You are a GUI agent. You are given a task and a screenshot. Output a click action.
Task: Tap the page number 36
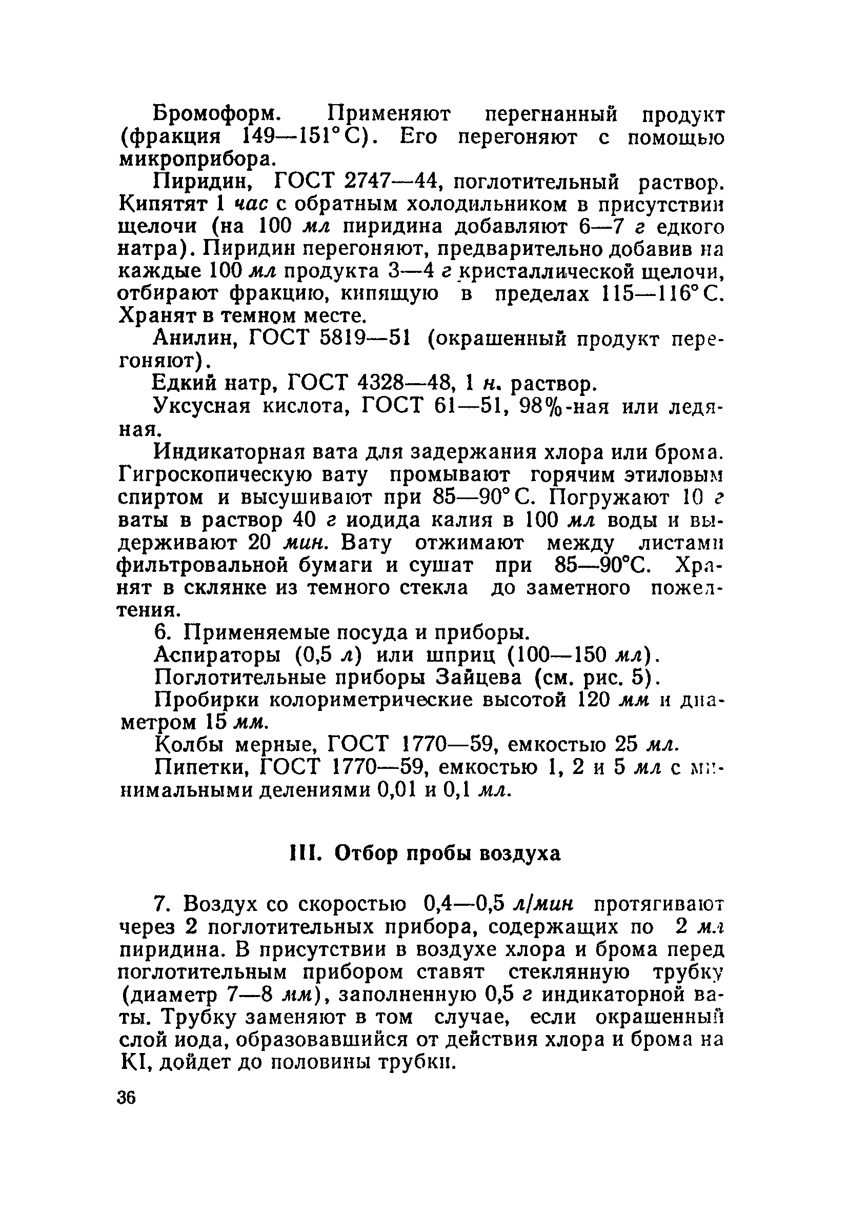[x=127, y=1098]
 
